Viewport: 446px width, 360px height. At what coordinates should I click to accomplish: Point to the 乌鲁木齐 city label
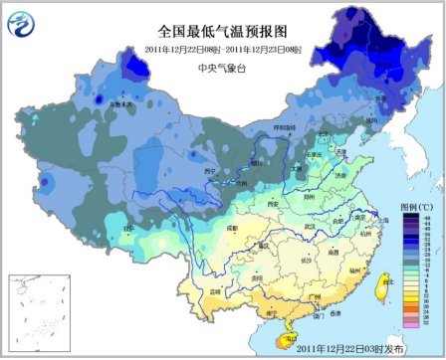[120, 102]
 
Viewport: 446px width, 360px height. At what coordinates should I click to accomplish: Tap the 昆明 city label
[212, 291]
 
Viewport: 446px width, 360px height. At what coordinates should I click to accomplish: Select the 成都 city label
[232, 228]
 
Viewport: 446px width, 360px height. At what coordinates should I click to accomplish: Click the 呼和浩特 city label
[286, 127]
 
